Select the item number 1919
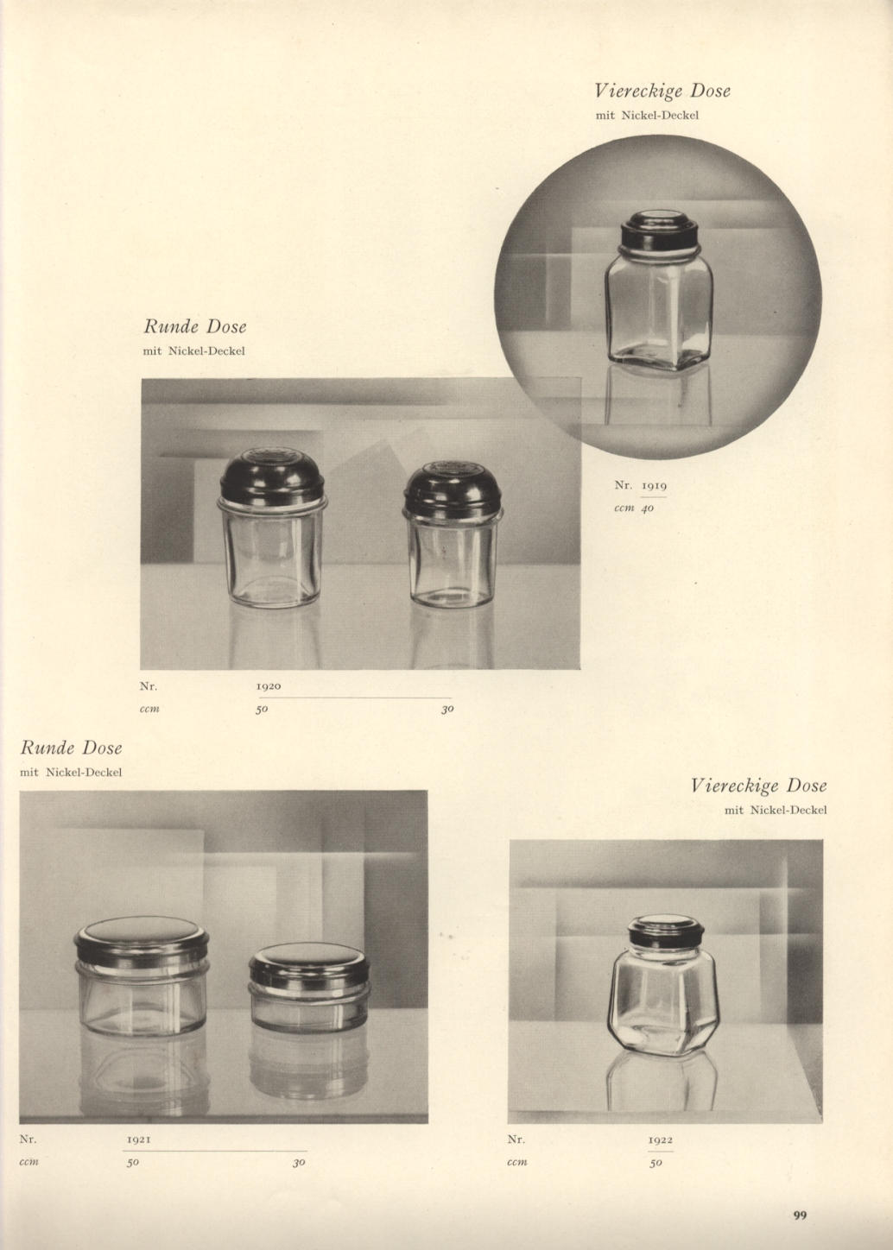pyautogui.click(x=654, y=485)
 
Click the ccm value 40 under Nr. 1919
pyautogui.click(x=648, y=508)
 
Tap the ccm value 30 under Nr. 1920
pyautogui.click(x=447, y=710)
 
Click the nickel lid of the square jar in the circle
pyautogui.click(x=659, y=232)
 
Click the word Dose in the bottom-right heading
pyautogui.click(x=807, y=786)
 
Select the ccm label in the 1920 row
pyautogui.click(x=149, y=710)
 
